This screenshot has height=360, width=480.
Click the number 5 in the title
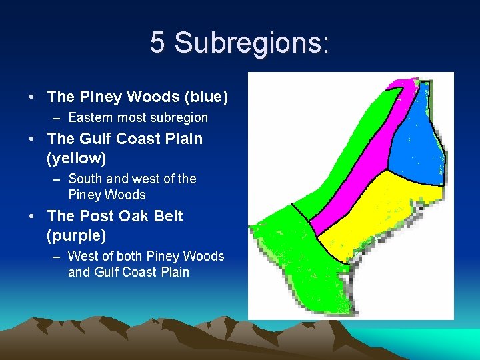[157, 43]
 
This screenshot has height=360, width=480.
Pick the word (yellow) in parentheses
[76, 159]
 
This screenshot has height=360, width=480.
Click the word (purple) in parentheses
[76, 236]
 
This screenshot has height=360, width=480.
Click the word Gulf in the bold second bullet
[95, 139]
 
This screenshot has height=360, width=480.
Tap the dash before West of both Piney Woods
[58, 257]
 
